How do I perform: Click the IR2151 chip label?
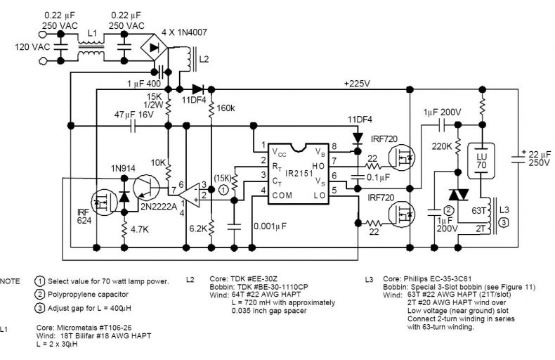tap(299, 174)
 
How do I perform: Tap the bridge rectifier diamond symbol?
tap(154, 47)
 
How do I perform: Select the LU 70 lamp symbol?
tap(481, 161)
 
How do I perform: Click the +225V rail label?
tap(357, 84)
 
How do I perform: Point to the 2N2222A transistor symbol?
tap(146, 188)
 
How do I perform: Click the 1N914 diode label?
tap(123, 168)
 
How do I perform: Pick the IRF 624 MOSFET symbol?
tap(104, 202)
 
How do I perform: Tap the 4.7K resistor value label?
tap(140, 230)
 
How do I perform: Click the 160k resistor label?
tap(225, 108)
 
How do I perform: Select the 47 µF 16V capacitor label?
tap(133, 115)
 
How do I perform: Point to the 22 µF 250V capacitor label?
tap(540, 158)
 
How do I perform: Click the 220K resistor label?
tap(442, 146)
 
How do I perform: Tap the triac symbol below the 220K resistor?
tap(458, 195)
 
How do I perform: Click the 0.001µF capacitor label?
tap(270, 226)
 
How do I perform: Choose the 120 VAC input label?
tap(32, 47)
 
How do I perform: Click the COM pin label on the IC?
tap(282, 195)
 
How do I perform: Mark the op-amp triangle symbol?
tap(189, 195)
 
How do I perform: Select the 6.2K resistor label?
tap(198, 229)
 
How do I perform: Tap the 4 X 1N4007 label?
tap(184, 32)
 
